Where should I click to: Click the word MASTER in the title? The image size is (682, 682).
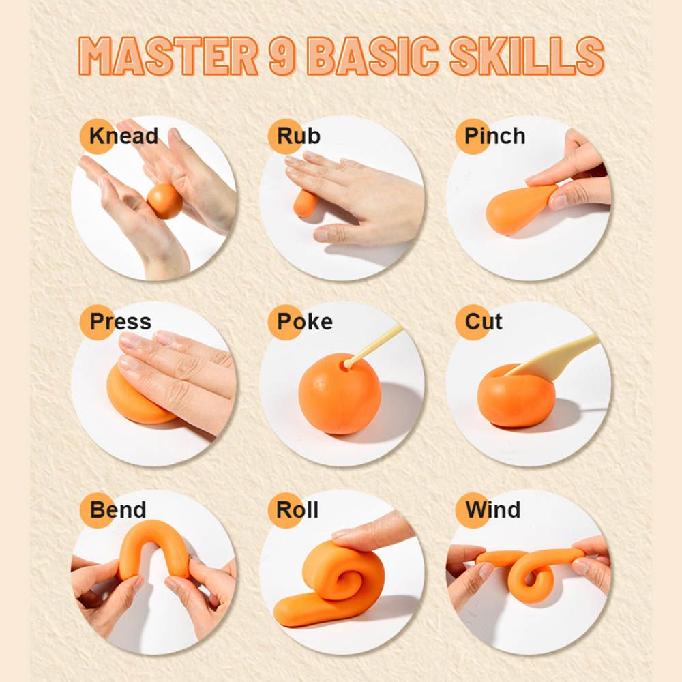[x=168, y=56]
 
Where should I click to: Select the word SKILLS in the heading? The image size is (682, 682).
[x=527, y=56]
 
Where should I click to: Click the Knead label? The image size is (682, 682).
[x=123, y=136]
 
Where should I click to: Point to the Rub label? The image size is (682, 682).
[x=299, y=136]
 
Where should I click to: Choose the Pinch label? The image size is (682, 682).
[x=495, y=136]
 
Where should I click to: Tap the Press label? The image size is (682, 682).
[x=121, y=322]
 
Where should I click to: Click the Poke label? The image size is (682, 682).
[x=305, y=322]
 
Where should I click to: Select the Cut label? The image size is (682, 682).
[x=484, y=322]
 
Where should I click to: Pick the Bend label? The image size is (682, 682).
[x=118, y=509]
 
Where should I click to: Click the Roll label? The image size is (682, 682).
[x=297, y=509]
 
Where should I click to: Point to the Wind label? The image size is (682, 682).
[x=493, y=509]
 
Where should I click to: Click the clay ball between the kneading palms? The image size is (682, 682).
[x=164, y=201]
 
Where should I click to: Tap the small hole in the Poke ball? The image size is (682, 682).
[x=346, y=366]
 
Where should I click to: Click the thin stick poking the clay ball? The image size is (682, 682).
[x=374, y=346]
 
